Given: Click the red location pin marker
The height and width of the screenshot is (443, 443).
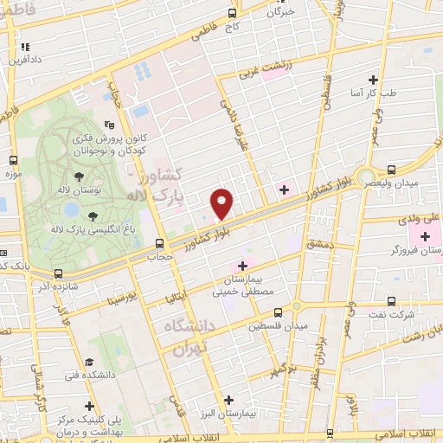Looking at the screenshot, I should (x=222, y=204).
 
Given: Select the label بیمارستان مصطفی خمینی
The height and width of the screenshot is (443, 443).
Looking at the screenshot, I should (x=243, y=286).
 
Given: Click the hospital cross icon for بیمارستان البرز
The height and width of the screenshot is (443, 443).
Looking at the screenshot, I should (x=228, y=399).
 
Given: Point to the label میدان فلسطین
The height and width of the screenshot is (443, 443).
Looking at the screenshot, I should (x=278, y=326).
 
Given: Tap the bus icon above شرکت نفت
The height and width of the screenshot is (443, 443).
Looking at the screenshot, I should (x=391, y=302).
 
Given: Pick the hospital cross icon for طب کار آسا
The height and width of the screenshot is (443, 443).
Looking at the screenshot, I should (x=373, y=79).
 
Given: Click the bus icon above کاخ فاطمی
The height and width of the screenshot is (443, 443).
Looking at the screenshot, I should (x=231, y=13).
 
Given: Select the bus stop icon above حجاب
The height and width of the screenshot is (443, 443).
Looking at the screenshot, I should (x=158, y=244).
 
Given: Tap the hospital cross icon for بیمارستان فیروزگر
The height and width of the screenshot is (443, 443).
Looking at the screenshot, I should (x=424, y=235).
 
